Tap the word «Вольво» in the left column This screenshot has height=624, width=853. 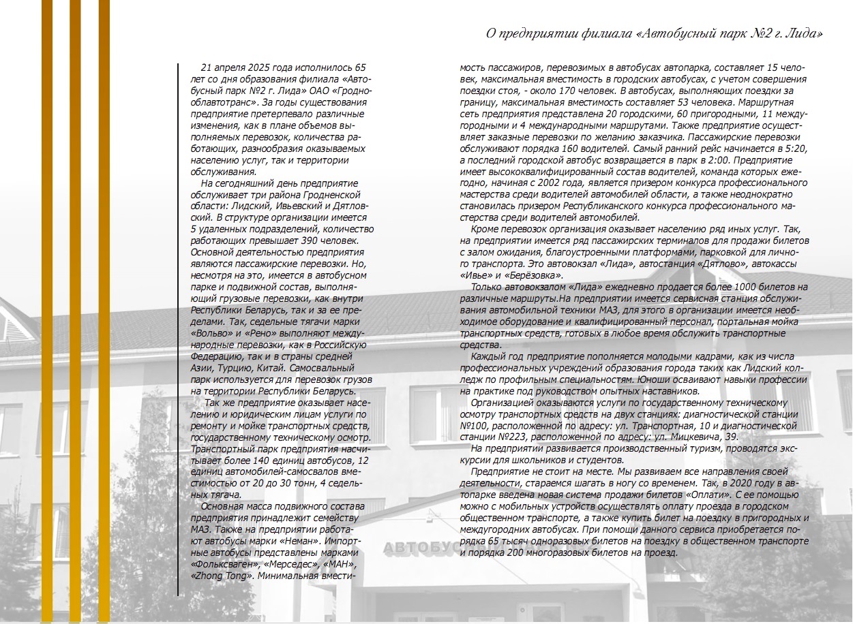click(x=209, y=333)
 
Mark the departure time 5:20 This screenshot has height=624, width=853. click(x=796, y=149)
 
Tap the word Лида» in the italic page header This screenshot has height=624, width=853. click(x=802, y=33)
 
